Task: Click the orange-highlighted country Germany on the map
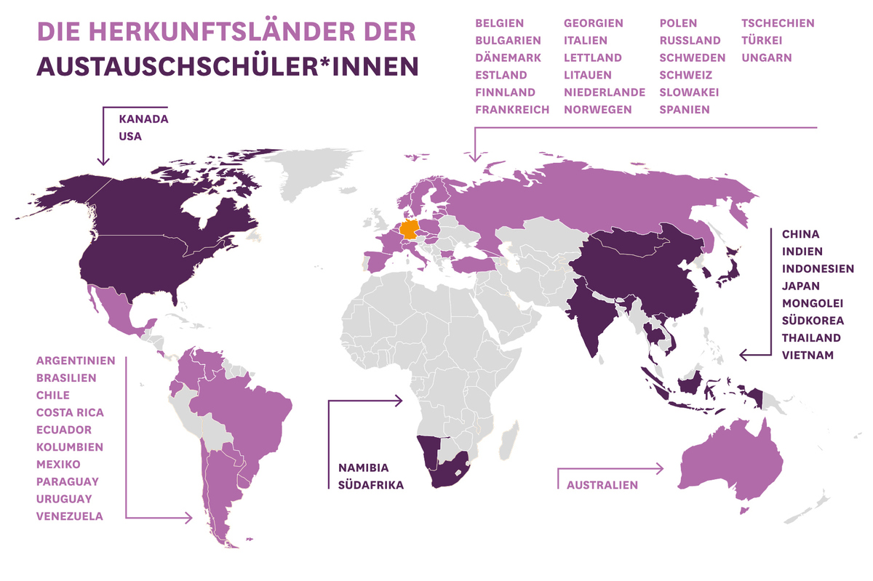click(410, 231)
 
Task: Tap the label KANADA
click(143, 119)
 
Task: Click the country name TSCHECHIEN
click(778, 23)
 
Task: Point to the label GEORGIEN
click(593, 23)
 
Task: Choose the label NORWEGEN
click(597, 110)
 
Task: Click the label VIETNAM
click(808, 356)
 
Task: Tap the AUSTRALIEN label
click(602, 485)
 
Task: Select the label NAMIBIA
click(364, 468)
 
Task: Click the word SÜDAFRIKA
click(370, 485)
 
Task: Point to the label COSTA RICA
click(70, 412)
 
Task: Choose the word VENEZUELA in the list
click(70, 516)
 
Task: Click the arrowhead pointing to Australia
click(661, 469)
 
